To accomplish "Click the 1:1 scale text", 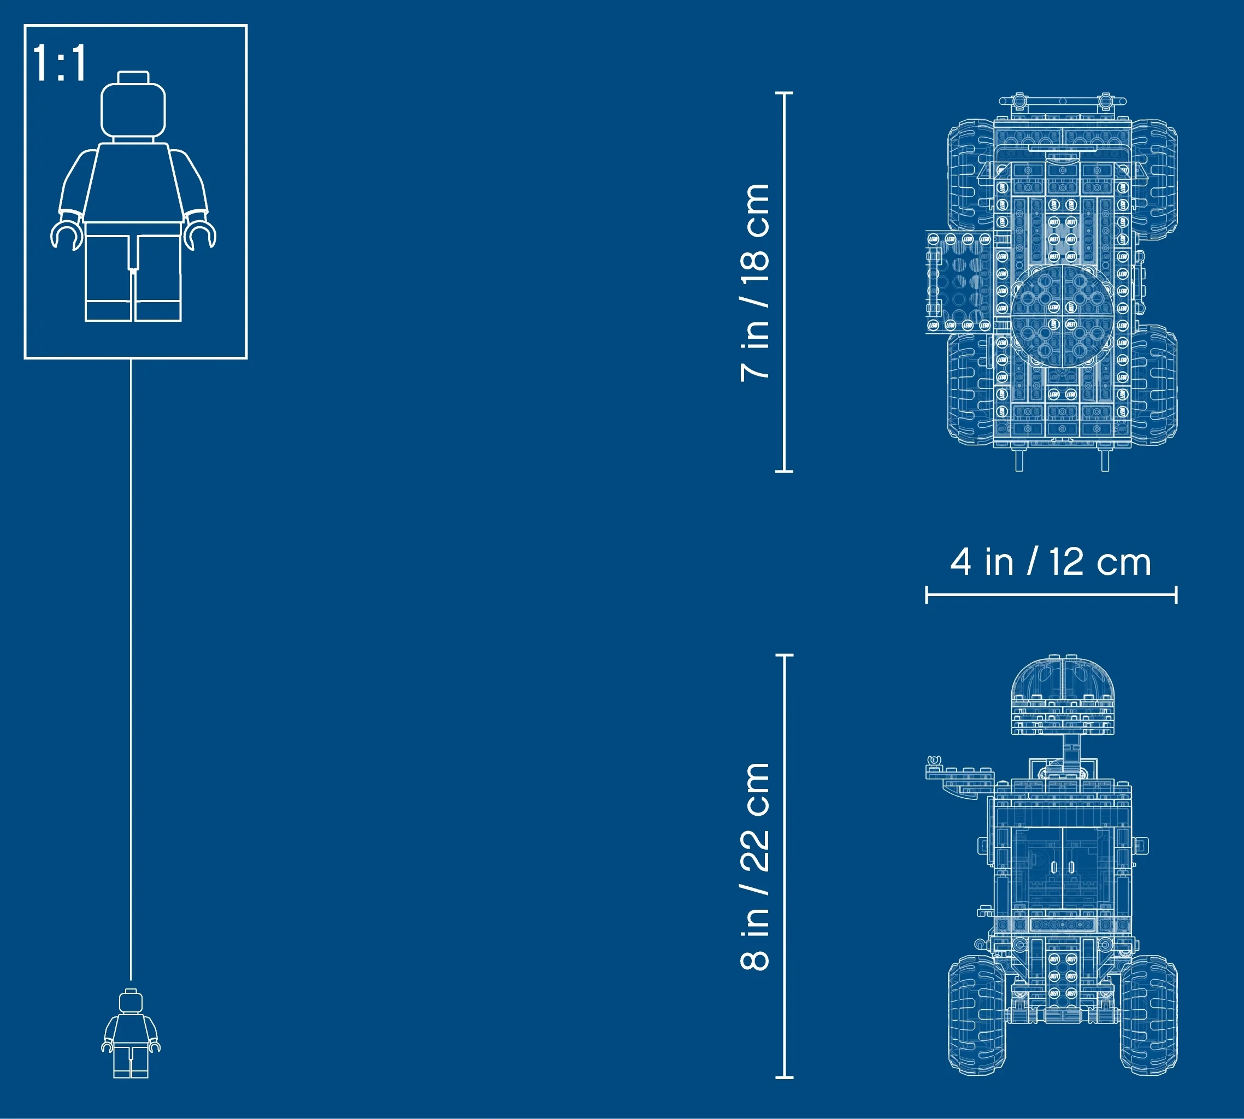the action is [59, 63].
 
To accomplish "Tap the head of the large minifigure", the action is [133, 105].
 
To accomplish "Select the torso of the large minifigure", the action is [133, 182].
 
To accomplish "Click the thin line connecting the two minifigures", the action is [130, 669].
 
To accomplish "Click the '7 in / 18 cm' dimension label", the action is [755, 282].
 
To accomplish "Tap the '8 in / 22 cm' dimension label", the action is [755, 867].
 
